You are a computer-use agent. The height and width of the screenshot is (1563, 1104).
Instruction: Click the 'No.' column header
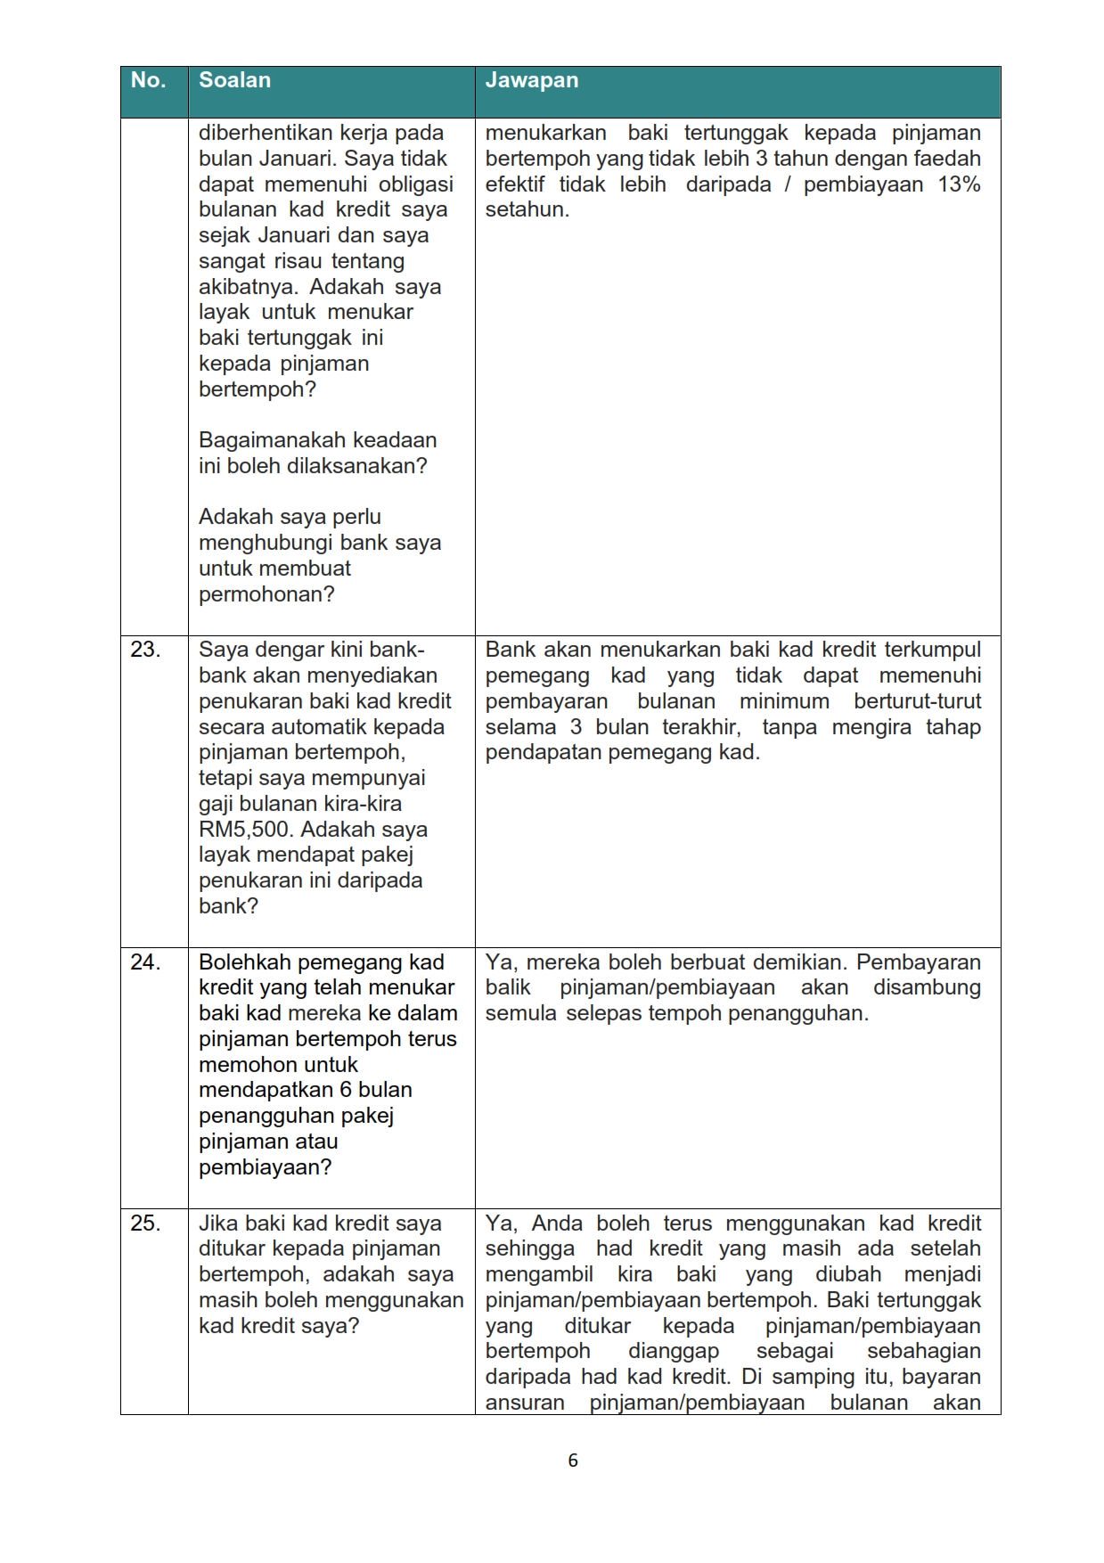point(148,81)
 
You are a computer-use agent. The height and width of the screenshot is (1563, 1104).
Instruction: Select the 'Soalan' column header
point(234,81)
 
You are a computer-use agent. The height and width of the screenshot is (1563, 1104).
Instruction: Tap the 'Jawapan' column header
point(532,81)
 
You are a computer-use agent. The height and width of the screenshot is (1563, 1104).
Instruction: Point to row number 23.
point(145,650)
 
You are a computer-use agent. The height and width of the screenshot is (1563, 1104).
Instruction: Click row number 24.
point(145,962)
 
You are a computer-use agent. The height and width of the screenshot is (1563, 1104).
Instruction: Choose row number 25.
point(145,1223)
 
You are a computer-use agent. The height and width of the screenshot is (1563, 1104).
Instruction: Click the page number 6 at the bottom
point(573,1461)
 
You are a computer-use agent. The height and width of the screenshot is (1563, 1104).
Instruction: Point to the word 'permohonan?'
point(266,594)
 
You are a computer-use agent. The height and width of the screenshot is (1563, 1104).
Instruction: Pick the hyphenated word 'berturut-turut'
point(917,701)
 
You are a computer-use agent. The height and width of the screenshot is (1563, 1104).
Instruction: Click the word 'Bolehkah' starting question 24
point(245,962)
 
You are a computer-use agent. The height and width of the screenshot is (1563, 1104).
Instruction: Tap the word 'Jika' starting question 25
point(218,1223)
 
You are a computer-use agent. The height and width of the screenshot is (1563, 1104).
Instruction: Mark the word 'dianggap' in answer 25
point(674,1351)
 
